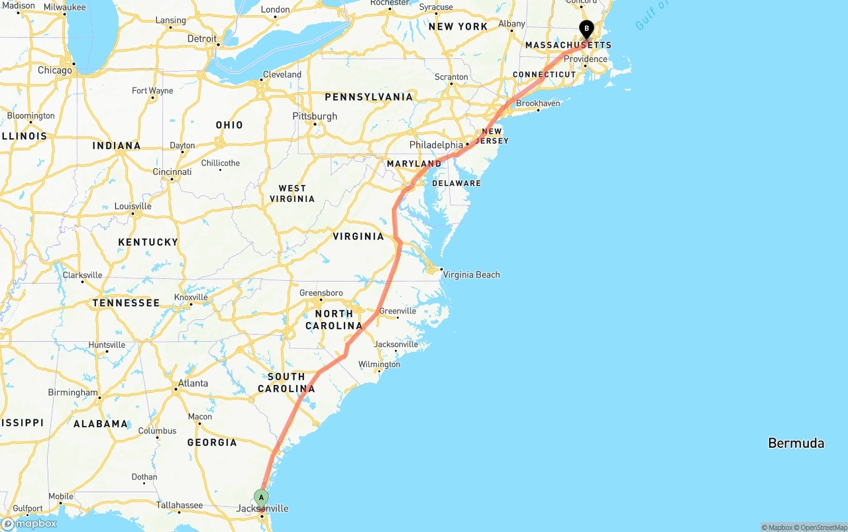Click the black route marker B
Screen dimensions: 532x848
[x=586, y=28]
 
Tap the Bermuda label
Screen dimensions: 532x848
[x=796, y=443]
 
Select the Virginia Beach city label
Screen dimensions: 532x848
[x=471, y=274]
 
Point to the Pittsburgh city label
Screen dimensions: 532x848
[x=315, y=116]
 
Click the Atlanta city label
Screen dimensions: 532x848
[x=193, y=383]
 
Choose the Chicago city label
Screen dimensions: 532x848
[x=54, y=70]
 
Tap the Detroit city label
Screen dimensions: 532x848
[x=201, y=38]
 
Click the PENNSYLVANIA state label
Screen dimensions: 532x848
[x=368, y=97]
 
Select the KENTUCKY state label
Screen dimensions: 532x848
[x=148, y=242]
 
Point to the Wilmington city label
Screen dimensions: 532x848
[x=379, y=364]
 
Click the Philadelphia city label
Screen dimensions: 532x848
[x=436, y=144]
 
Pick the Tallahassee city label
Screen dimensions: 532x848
[x=179, y=505]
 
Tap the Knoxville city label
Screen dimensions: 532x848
[x=191, y=297]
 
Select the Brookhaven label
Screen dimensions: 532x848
[x=538, y=103]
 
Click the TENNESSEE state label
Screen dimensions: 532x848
[x=126, y=303]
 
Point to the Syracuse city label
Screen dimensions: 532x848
[x=436, y=7]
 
